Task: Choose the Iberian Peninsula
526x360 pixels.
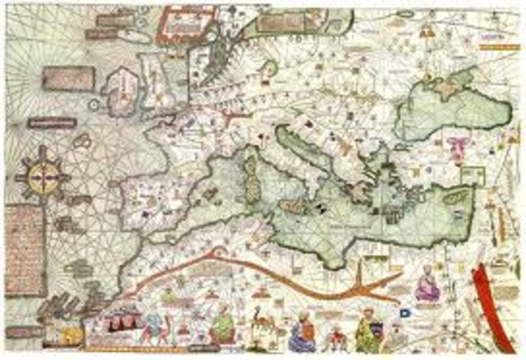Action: click(156, 201)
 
